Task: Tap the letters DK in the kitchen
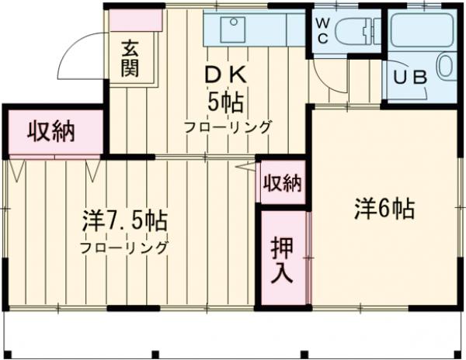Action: [x=227, y=76]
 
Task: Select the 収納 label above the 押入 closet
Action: [x=282, y=183]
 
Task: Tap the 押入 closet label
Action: [x=281, y=261]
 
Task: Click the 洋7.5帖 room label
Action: [x=124, y=221]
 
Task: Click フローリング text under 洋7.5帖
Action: [x=124, y=249]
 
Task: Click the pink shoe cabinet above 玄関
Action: [x=135, y=20]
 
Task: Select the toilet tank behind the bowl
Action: [x=372, y=32]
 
